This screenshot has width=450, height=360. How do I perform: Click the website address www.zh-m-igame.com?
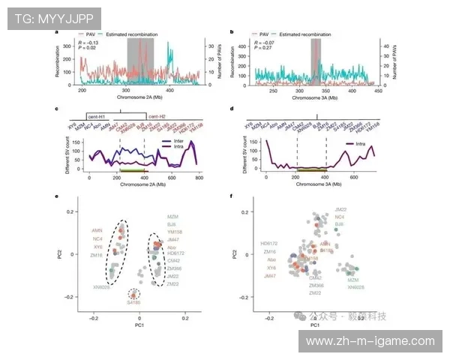(371, 341)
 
